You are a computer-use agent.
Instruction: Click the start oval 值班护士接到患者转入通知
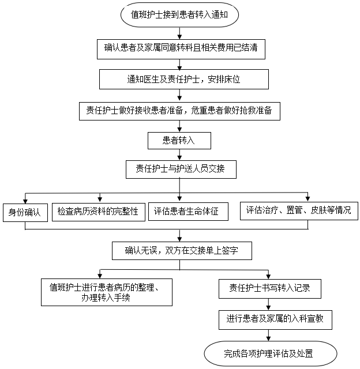pyautogui.click(x=180, y=15)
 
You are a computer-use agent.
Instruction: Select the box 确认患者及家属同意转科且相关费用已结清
pyautogui.click(x=180, y=49)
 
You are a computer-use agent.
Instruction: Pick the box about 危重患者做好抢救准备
pyautogui.click(x=179, y=110)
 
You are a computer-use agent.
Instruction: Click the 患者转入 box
pyautogui.click(x=179, y=141)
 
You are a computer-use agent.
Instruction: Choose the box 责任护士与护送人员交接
pyautogui.click(x=180, y=169)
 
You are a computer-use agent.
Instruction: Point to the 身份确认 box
pyautogui.click(x=24, y=212)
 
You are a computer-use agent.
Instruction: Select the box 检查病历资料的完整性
pyautogui.click(x=98, y=211)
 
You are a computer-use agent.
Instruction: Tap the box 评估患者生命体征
pyautogui.click(x=187, y=211)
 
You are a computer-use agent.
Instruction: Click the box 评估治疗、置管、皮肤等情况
pyautogui.click(x=299, y=210)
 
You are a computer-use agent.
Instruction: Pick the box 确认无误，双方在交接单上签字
pyautogui.click(x=182, y=250)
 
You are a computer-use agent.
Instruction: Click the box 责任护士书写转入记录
pyautogui.click(x=269, y=288)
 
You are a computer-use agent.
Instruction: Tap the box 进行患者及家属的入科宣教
pyautogui.click(x=276, y=319)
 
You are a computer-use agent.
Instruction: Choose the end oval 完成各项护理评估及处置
pyautogui.click(x=271, y=351)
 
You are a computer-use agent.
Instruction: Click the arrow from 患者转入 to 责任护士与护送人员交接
pyautogui.click(x=180, y=155)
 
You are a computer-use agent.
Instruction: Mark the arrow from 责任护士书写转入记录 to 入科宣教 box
pyautogui.click(x=268, y=304)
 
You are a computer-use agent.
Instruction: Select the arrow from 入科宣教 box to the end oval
pyautogui.click(x=268, y=335)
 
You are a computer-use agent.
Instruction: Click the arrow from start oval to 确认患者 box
pyautogui.click(x=180, y=33)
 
